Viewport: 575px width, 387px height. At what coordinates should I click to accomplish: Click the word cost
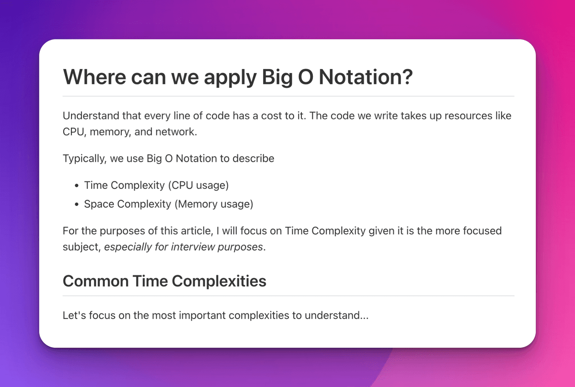tap(276, 116)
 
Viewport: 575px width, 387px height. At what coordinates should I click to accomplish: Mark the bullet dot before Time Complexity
tap(77, 185)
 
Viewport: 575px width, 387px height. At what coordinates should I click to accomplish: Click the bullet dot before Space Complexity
tap(77, 205)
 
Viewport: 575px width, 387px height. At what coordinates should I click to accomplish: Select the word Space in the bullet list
tap(99, 204)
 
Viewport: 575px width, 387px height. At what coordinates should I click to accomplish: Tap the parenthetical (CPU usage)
tap(196, 185)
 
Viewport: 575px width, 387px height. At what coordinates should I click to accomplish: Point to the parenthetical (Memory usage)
tap(213, 204)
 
